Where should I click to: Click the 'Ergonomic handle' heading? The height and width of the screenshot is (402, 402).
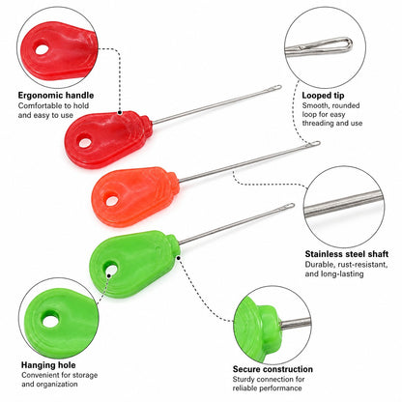coord(56,96)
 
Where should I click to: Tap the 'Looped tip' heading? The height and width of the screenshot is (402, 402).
coord(323,96)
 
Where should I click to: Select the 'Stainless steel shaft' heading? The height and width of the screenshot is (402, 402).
coord(347,254)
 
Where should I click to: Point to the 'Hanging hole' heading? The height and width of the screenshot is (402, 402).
coord(48,365)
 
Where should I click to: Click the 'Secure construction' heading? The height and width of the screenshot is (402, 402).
coord(273,369)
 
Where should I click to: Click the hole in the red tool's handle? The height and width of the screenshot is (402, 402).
coord(85,141)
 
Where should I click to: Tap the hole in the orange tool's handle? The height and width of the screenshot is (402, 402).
coord(112,201)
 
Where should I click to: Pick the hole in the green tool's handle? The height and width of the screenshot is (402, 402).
coord(110,268)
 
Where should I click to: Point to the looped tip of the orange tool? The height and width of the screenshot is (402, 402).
coord(314,144)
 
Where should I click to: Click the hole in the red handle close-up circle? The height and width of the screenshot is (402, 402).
coord(42,49)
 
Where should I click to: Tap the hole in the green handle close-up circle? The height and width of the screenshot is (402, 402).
coord(50,321)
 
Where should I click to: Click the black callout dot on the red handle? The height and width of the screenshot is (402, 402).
coord(120,112)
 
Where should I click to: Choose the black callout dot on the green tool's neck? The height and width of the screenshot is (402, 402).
coord(178,257)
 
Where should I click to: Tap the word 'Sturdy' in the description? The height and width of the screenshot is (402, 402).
coord(244,380)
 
